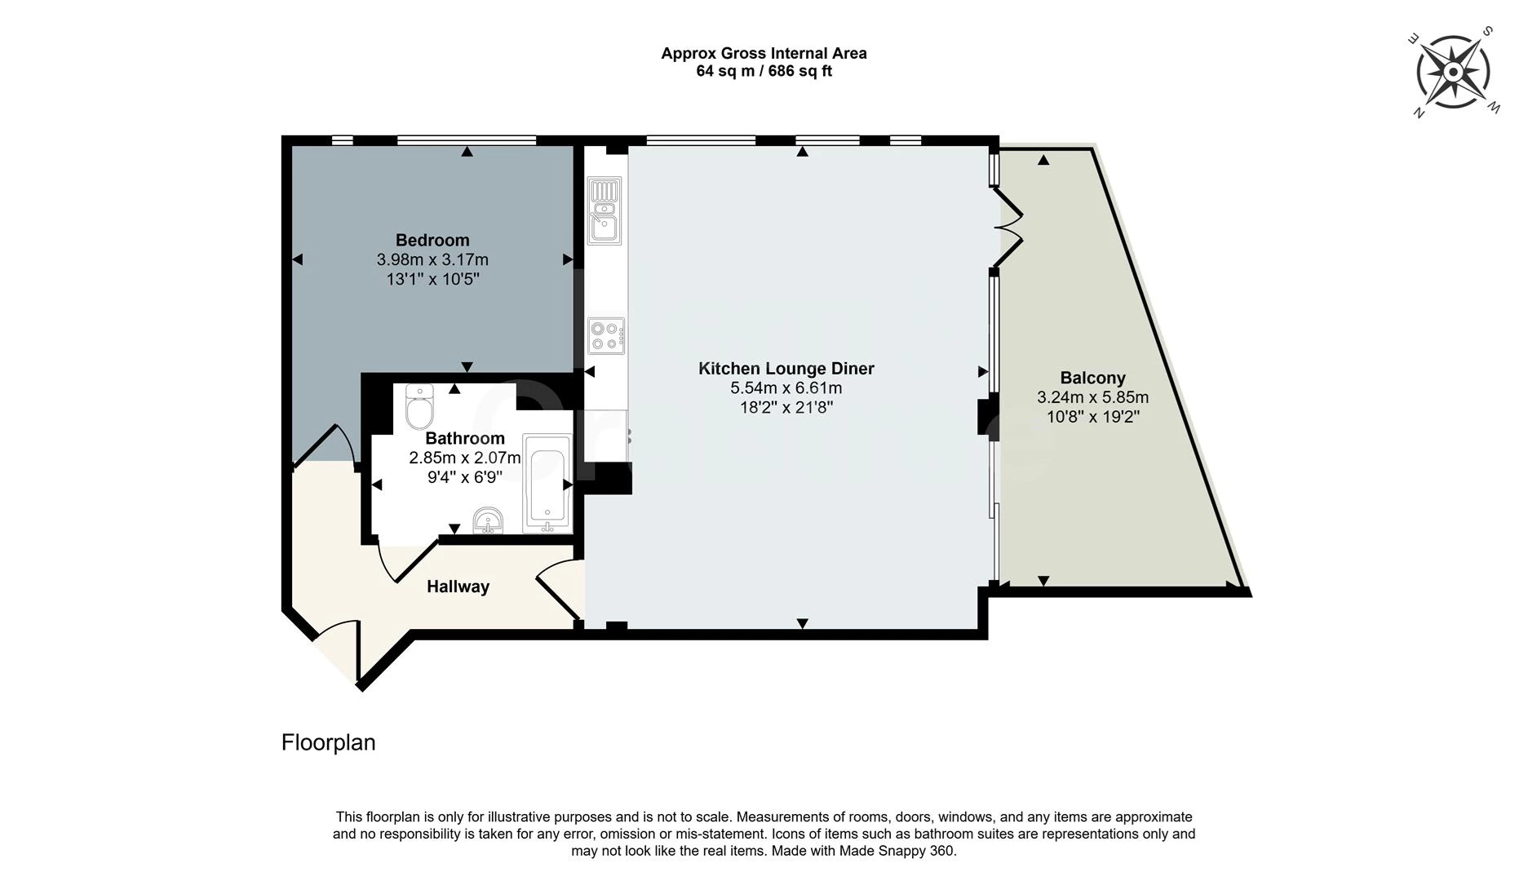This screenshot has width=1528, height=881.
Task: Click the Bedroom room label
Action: (432, 240)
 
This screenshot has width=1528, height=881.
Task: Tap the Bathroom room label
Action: (465, 438)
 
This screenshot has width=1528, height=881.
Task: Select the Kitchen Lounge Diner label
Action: (786, 369)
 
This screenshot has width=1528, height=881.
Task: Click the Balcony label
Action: (1092, 378)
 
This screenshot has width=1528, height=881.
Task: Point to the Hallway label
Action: (458, 587)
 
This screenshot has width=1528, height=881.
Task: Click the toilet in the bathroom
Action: (420, 406)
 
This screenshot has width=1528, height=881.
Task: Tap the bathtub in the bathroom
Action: (547, 483)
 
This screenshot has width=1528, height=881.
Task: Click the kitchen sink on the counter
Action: (605, 210)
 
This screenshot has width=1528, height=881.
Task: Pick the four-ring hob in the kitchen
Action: (606, 335)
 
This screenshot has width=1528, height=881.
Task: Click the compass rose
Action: (1453, 72)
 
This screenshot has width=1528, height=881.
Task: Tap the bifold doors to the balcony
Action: (1008, 228)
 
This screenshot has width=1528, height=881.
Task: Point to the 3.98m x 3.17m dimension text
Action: (432, 260)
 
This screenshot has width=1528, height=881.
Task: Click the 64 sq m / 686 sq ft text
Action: (764, 71)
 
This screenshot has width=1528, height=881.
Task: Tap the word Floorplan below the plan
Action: (328, 742)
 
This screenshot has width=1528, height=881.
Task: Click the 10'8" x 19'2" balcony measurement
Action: (1092, 417)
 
